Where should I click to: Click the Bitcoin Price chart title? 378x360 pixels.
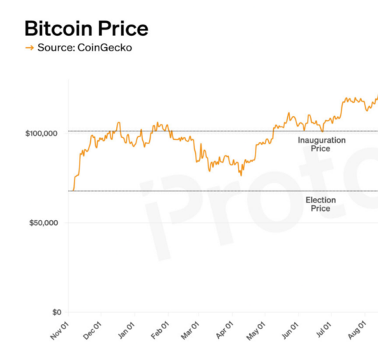pos(87,29)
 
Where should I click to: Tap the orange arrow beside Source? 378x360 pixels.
pos(30,48)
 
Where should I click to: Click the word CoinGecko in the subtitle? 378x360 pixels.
pos(105,48)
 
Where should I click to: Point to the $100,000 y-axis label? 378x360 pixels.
pos(42,133)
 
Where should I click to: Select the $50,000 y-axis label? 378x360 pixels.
pos(44,223)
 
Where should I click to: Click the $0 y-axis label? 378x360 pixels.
pos(57,312)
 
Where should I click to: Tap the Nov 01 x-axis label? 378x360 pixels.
pos(60,331)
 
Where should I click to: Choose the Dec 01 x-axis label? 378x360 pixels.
pos(92,331)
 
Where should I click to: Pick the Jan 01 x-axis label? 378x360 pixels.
pos(126,331)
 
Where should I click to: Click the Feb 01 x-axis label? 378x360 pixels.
pos(160,331)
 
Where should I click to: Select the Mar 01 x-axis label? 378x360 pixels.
pos(190,331)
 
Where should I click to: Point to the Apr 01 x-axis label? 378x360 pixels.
pos(225,330)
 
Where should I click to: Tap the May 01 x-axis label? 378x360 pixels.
pos(256,331)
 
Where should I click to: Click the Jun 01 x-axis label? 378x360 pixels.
pos(290,331)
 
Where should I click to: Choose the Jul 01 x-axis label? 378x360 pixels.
pos(324,330)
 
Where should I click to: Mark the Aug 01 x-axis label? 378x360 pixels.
pos(357,330)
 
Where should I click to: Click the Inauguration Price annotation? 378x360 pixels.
pos(322,144)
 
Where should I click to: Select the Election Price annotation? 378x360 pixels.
pos(320,204)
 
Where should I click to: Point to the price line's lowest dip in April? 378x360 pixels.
pos(241,176)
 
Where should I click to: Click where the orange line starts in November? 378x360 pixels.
pos(73,191)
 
